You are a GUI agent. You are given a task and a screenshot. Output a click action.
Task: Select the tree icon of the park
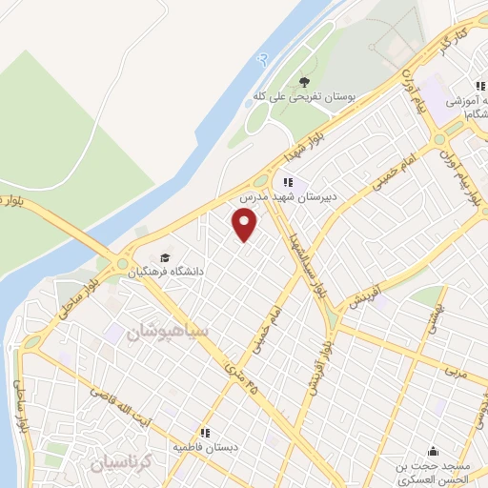[304, 82]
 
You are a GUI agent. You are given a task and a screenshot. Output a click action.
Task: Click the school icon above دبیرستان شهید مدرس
[288, 182]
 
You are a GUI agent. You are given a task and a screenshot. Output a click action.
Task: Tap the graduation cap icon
[166, 257]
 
